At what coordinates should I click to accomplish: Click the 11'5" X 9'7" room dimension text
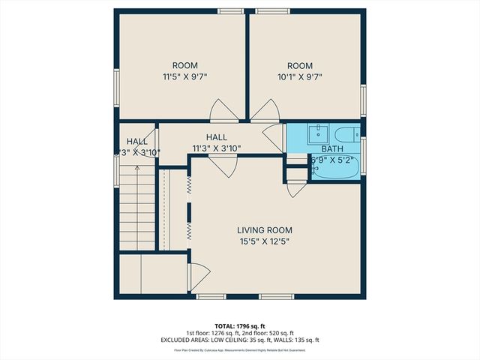point(184,76)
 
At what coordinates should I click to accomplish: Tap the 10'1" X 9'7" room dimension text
point(304,76)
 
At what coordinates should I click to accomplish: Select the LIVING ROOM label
point(264,230)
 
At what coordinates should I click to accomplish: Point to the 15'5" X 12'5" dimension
point(264,241)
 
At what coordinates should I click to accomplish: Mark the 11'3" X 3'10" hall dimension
point(216,148)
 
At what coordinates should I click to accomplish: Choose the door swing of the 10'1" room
point(263,112)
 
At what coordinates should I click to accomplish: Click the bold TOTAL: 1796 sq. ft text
point(240,326)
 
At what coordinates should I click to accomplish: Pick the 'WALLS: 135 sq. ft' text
point(296,340)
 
